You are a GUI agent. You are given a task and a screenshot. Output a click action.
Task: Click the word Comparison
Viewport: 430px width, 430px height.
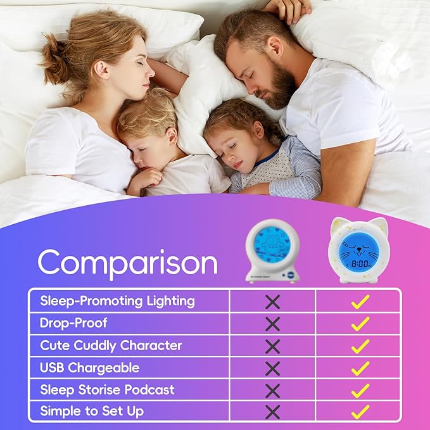tap(127, 262)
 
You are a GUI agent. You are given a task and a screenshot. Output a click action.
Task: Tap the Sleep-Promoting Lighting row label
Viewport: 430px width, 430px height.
tap(117, 301)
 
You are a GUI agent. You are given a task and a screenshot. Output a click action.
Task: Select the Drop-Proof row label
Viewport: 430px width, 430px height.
tap(73, 323)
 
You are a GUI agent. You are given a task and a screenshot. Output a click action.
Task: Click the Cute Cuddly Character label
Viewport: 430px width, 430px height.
tap(111, 345)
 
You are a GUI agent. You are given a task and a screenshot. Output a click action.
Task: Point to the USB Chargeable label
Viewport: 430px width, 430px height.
tap(89, 367)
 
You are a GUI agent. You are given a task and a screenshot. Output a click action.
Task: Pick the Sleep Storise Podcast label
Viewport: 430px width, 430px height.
tap(107, 389)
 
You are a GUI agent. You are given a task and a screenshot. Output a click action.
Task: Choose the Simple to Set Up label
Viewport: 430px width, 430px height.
tap(92, 411)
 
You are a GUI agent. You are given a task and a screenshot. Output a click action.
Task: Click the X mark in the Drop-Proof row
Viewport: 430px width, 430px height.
tap(272, 324)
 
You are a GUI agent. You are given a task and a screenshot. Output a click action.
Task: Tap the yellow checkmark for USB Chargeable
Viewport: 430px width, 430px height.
tap(360, 368)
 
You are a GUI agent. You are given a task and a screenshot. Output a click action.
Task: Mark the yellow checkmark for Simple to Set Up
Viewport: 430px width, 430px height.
tap(360, 412)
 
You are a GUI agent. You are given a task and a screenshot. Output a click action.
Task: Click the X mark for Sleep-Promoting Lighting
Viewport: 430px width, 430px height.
tap(272, 301)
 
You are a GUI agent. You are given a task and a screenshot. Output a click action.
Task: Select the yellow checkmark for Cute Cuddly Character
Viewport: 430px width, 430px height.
tap(360, 346)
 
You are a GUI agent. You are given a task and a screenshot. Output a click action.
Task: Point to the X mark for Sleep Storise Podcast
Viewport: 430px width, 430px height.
tap(272, 390)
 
